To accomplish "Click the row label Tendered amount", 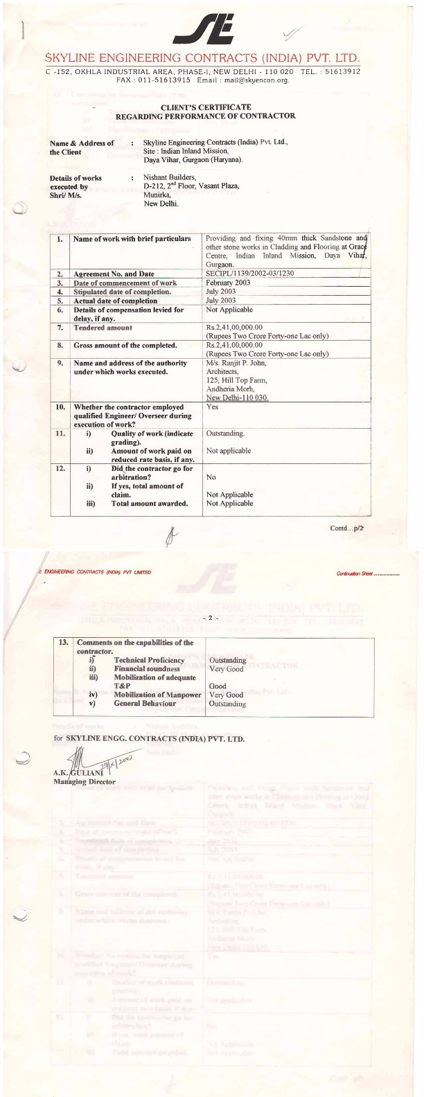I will pyautogui.click(x=103, y=328).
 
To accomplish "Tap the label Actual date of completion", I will pyautogui.click(x=116, y=301).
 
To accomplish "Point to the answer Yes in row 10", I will pyautogui.click(x=212, y=407).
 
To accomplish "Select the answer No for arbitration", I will pyautogui.click(x=211, y=478).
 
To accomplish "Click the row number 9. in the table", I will pyautogui.click(x=61, y=363).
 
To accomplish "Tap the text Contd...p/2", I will pyautogui.click(x=347, y=528).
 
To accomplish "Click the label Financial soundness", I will pyautogui.click(x=147, y=669).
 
